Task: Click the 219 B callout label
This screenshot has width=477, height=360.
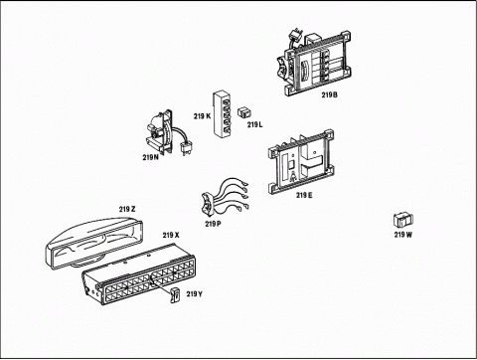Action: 329,94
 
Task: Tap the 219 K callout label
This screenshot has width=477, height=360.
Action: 202,116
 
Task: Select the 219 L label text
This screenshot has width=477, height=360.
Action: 254,125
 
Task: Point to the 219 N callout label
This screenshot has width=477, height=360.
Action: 151,157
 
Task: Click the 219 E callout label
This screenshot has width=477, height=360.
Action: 304,195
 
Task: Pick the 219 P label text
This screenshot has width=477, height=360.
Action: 213,224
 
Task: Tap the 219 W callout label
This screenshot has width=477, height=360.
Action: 403,235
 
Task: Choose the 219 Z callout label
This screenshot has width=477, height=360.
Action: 127,209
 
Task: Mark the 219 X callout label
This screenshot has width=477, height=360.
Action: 171,235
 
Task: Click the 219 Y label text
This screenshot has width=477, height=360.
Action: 195,294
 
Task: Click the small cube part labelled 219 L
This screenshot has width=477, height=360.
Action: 244,112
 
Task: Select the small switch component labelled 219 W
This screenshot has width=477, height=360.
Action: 403,220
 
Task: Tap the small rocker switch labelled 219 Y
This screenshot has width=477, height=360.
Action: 175,295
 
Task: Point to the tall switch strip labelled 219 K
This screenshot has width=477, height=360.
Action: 222,114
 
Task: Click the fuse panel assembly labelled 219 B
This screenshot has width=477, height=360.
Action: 314,64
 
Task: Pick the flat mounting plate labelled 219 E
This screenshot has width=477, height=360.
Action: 301,162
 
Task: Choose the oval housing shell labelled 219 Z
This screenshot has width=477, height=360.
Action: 93,243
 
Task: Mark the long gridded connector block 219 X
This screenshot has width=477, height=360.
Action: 138,275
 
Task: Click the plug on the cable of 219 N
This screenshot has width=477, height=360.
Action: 187,147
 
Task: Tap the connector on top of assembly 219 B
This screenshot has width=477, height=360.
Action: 295,36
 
